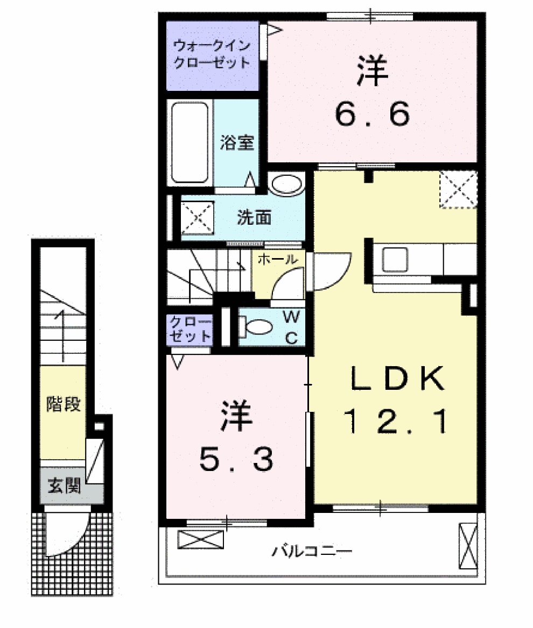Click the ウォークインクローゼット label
[x=212, y=54]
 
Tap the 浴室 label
[x=237, y=143]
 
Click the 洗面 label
[x=254, y=218]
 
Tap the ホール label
[x=277, y=259]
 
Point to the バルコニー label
[x=312, y=551]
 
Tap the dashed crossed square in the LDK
[x=458, y=189]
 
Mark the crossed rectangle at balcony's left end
[x=200, y=539]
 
